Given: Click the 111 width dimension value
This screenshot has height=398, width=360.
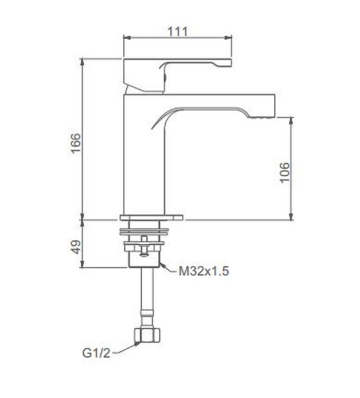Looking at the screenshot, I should click(177, 31).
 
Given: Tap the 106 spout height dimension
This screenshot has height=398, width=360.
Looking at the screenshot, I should click(285, 172).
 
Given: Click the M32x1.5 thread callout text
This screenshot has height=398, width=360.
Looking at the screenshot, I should click(204, 271).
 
